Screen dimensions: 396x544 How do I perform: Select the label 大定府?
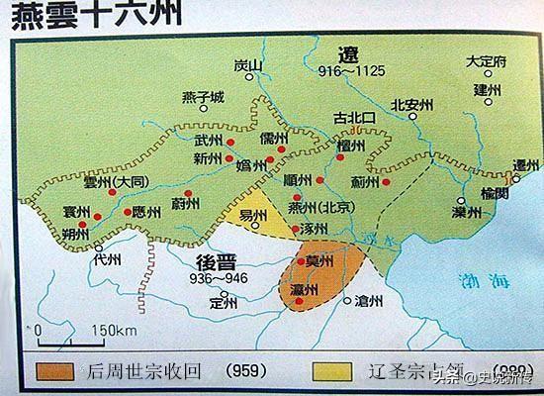[x=487, y=61]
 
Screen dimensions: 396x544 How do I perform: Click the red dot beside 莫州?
[x=303, y=262]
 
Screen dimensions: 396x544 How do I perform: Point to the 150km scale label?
[x=111, y=330]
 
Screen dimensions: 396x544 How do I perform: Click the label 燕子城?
[x=203, y=97]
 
